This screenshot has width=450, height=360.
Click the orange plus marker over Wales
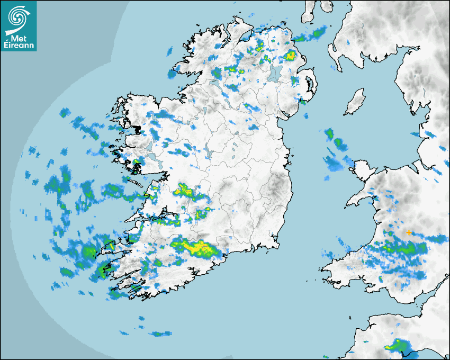[409, 232]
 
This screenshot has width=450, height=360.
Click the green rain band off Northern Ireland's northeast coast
[310, 36]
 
